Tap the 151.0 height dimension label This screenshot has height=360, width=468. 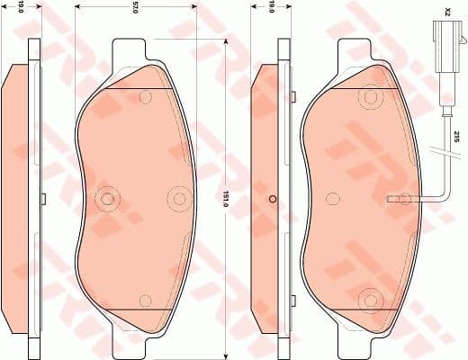coord(226,197)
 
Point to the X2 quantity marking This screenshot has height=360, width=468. coord(446,13)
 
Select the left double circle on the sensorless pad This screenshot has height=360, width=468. coord(108,199)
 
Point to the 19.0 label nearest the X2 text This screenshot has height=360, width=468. coord(271,9)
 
